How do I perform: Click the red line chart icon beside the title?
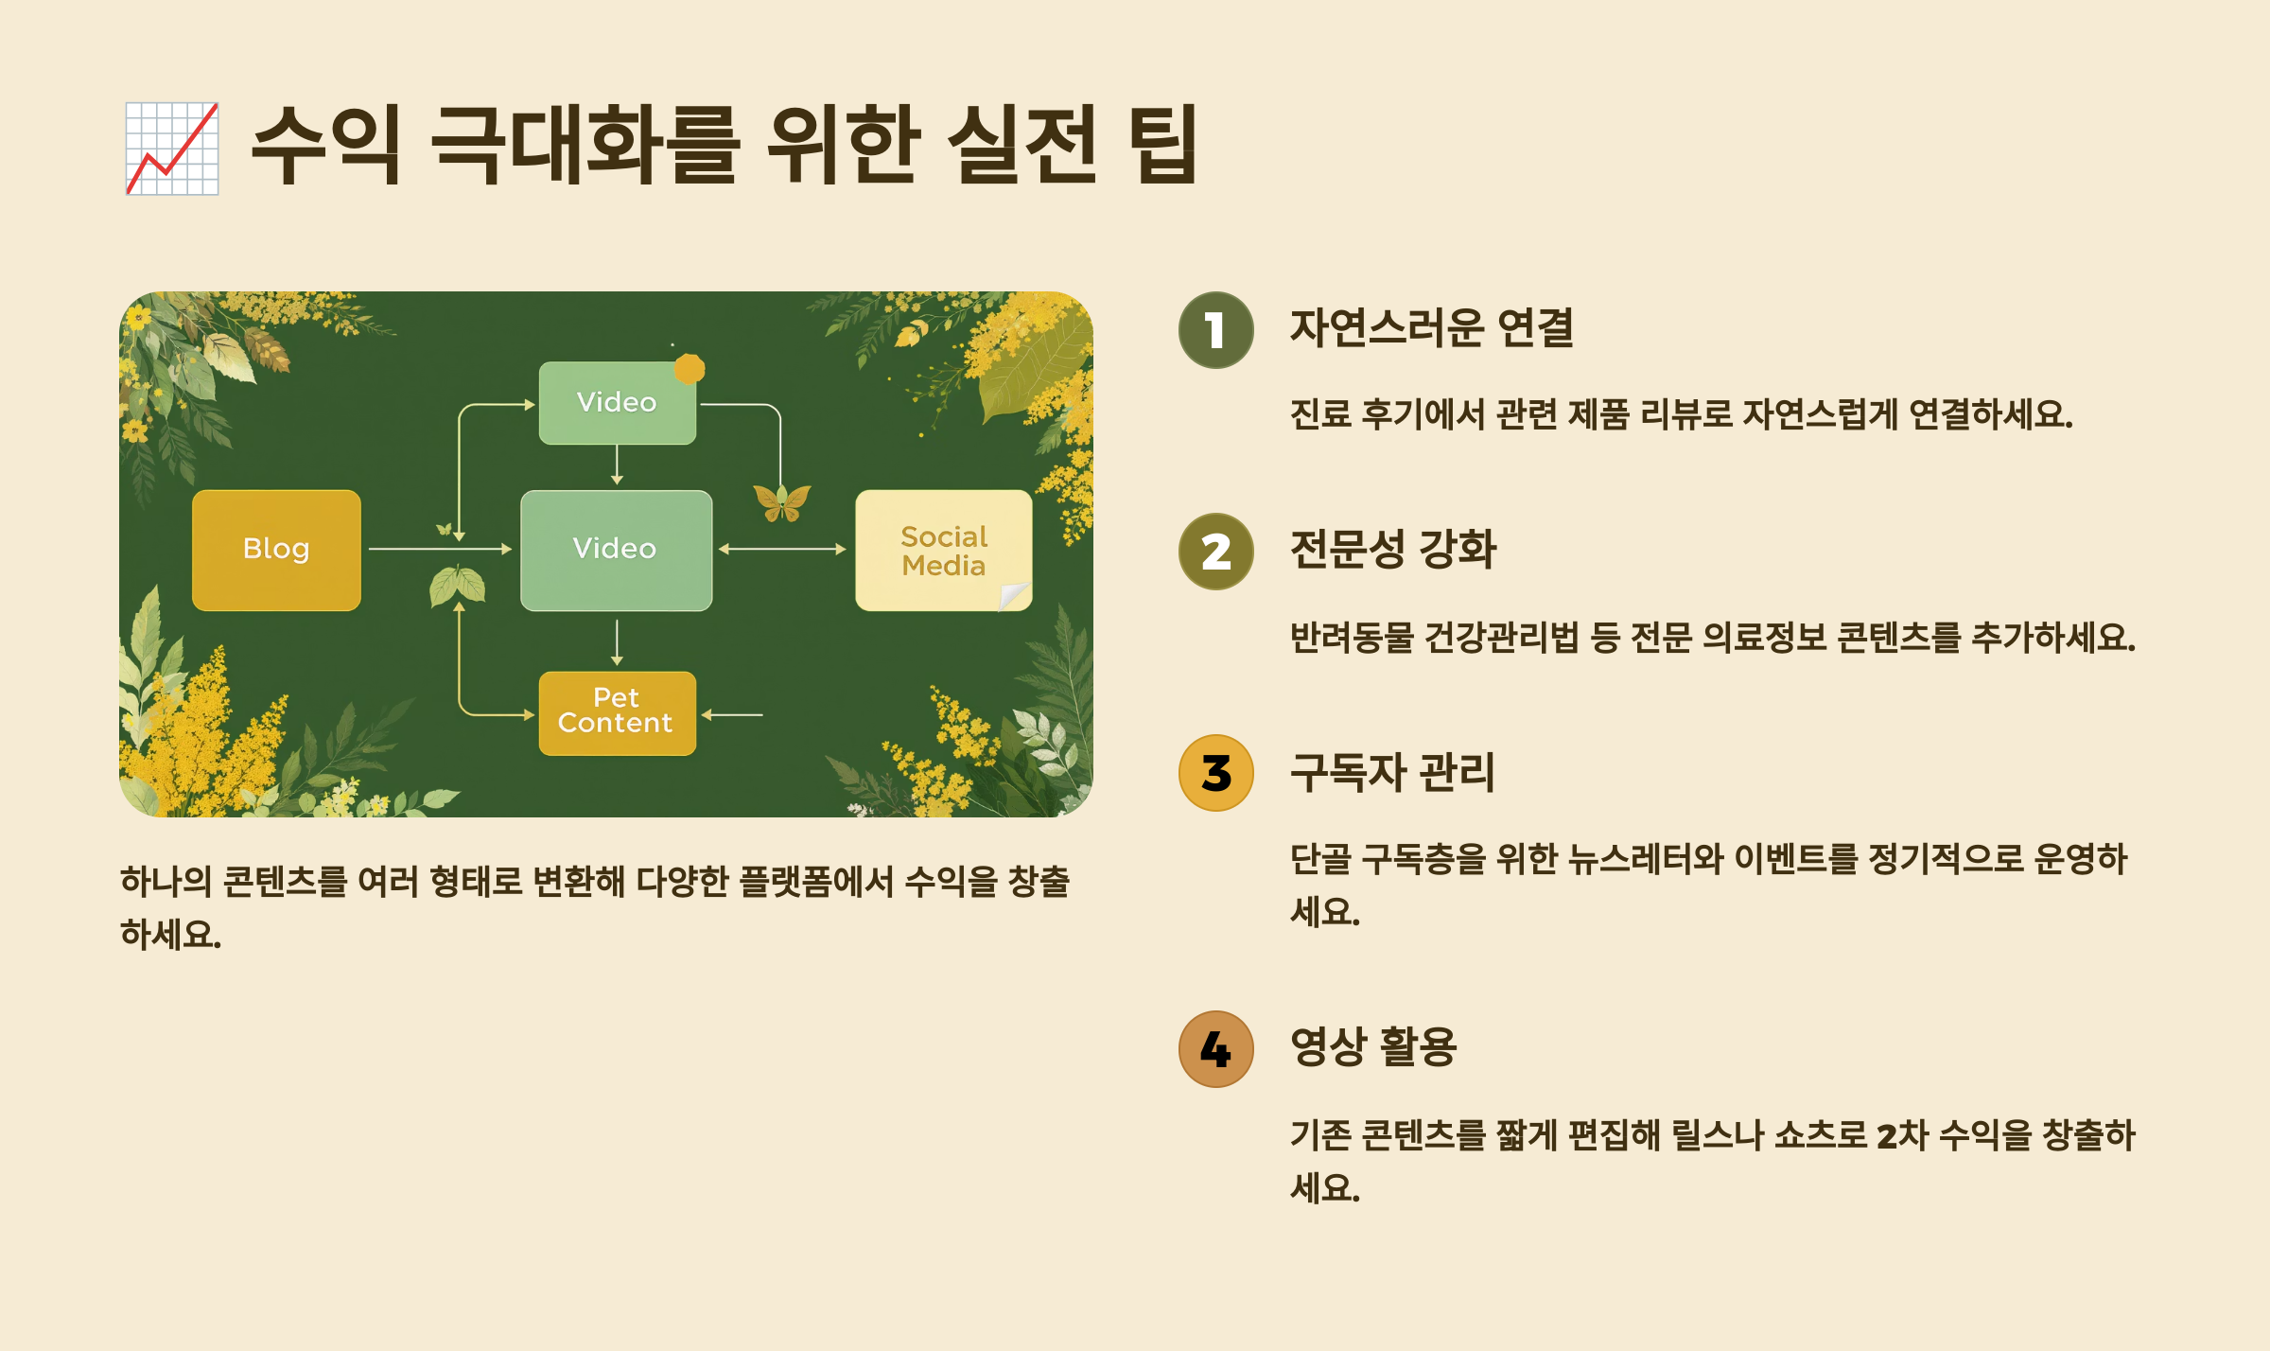[x=172, y=149]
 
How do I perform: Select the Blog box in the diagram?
[x=276, y=550]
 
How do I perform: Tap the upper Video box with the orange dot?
[x=617, y=403]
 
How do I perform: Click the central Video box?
[x=616, y=550]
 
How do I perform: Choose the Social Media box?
[x=943, y=550]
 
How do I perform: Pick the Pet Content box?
[x=617, y=712]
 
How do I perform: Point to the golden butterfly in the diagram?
[x=781, y=501]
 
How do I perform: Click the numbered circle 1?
[x=1215, y=330]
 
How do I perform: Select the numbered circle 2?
[x=1215, y=552]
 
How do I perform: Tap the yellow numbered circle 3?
[x=1215, y=773]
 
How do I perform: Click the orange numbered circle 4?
[x=1215, y=1049]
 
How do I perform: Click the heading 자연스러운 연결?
[x=1431, y=328]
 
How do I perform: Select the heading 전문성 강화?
[x=1392, y=550]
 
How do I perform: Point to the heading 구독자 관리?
[x=1391, y=772]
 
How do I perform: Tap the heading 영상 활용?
[x=1372, y=1047]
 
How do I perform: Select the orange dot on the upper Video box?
[x=690, y=369]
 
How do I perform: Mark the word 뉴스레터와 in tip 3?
[x=1645, y=859]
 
